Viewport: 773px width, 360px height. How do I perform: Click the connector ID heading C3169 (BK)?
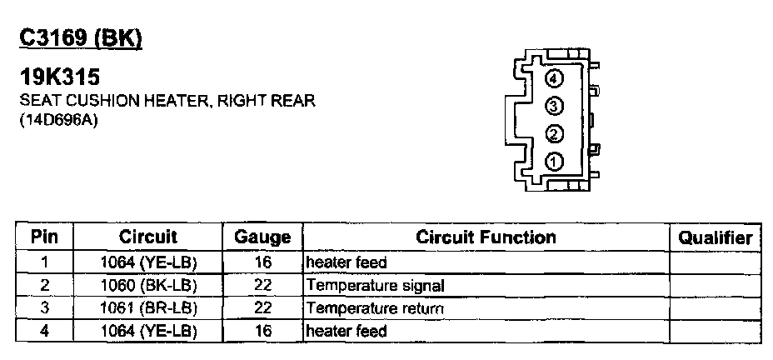click(81, 38)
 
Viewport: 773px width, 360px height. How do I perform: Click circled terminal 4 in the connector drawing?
click(555, 79)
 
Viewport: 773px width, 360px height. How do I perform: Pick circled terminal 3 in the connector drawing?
click(555, 106)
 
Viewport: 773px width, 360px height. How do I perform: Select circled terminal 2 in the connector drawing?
click(555, 134)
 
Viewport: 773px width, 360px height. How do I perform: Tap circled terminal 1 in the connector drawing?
click(555, 162)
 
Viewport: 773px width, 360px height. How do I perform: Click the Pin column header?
click(44, 237)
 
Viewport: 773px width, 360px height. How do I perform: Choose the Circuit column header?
click(148, 237)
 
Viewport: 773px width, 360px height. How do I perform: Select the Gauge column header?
click(262, 237)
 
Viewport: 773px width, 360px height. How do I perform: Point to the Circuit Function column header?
click(486, 237)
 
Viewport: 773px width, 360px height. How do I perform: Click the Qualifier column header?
click(716, 237)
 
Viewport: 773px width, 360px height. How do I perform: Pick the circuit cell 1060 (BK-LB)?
click(148, 286)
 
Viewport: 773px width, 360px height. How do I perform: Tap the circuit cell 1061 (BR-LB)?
click(148, 308)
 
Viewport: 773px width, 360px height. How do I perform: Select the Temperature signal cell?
click(375, 286)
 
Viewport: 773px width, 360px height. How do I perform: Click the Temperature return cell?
click(375, 308)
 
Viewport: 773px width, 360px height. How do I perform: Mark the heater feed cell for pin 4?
click(347, 331)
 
